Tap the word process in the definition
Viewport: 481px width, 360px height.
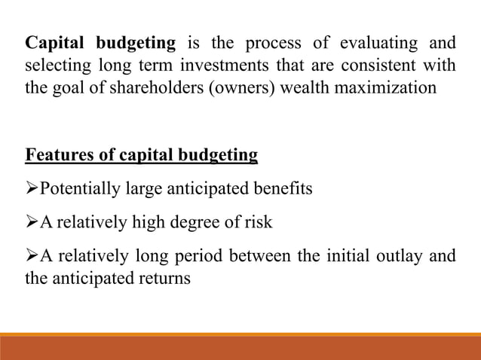point(281,43)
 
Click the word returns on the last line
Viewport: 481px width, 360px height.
point(164,278)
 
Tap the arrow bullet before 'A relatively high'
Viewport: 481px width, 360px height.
point(32,223)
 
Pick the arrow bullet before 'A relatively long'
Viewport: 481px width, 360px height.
point(32,257)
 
